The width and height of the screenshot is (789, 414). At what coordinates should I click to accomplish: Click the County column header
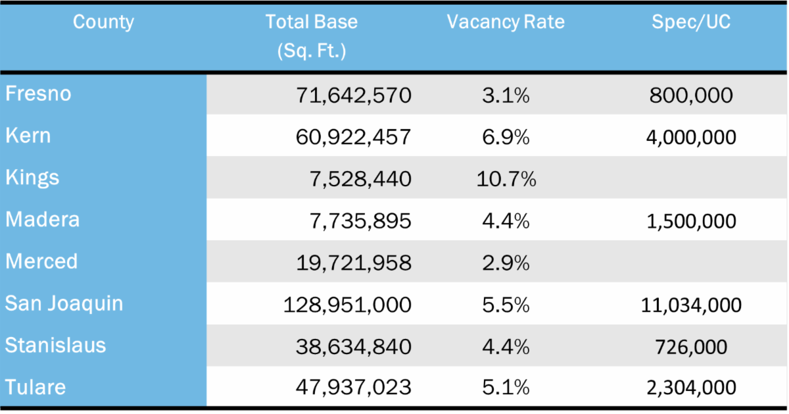103,22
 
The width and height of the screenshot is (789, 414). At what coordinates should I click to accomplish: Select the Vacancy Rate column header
505,22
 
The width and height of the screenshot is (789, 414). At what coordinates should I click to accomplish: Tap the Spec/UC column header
691,22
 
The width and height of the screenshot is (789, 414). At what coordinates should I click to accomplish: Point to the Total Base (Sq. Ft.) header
311,36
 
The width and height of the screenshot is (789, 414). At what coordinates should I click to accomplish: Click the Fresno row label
38,94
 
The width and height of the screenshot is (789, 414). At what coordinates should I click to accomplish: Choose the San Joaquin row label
64,303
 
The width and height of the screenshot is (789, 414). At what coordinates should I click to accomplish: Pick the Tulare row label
36,387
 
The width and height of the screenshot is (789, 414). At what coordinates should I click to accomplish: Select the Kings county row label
32,178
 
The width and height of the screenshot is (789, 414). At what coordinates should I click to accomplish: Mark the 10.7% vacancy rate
505,179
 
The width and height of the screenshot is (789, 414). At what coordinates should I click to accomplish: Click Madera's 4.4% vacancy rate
505,220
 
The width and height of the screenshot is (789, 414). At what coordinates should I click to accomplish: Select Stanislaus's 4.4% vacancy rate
505,346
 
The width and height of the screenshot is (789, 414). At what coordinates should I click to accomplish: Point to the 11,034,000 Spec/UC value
691,305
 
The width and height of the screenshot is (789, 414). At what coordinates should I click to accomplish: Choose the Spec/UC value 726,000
691,346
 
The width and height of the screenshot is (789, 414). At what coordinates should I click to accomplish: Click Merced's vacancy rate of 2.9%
505,263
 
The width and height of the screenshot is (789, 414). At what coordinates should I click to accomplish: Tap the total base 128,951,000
347,305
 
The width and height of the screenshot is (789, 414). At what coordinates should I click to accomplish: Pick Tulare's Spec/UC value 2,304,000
691,388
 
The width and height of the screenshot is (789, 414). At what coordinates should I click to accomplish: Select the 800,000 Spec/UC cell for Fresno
691,95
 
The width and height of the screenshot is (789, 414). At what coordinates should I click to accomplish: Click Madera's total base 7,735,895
360,220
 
